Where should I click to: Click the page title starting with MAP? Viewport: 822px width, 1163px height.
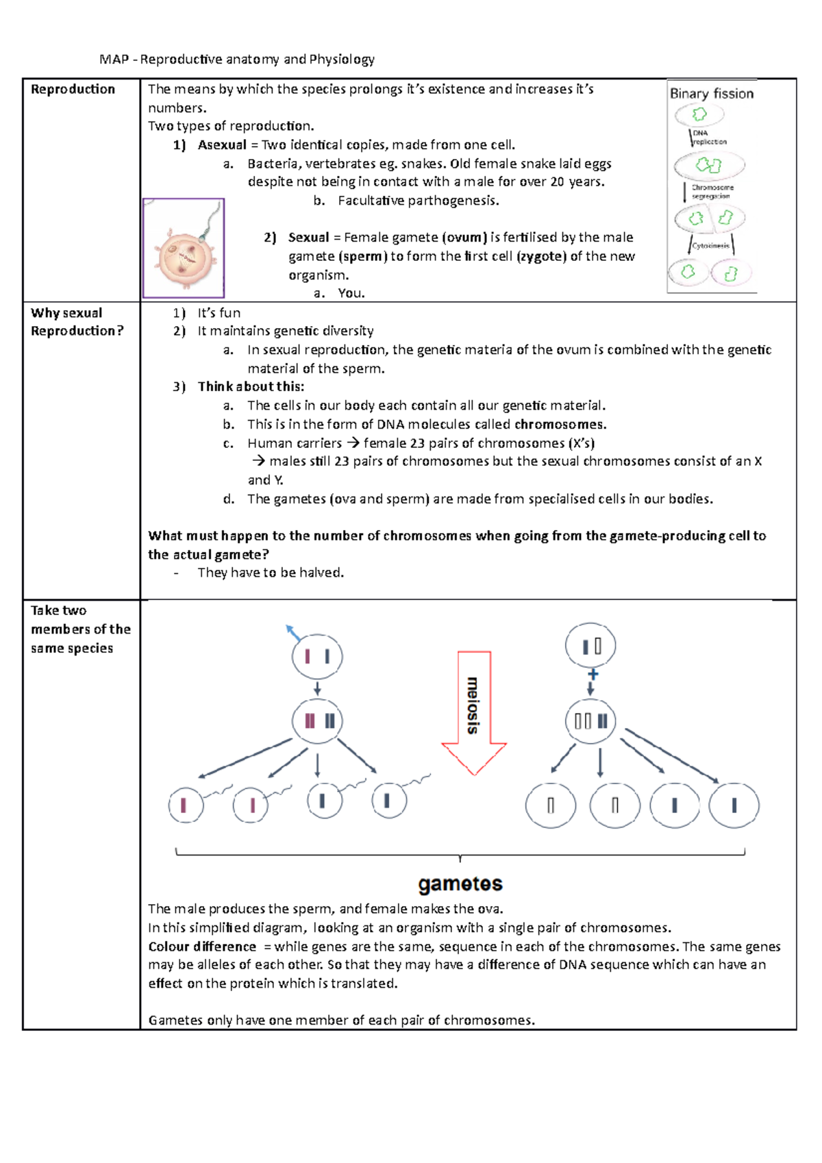point(236,60)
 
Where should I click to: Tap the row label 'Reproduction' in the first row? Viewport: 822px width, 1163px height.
point(73,89)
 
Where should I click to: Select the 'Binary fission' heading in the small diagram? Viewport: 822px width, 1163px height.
point(711,94)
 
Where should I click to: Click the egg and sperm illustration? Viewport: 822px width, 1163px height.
point(184,249)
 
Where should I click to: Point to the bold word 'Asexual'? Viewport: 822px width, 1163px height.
point(222,145)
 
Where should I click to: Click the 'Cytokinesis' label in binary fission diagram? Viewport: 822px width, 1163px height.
point(710,245)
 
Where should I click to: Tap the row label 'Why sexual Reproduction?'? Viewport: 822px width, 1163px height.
point(77,322)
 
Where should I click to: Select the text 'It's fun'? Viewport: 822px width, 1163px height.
point(219,313)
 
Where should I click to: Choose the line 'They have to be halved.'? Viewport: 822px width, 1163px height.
point(271,573)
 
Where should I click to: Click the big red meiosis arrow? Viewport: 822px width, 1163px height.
point(473,712)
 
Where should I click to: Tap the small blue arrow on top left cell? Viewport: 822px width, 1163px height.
point(292,632)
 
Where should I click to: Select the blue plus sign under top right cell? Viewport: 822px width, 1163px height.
point(593,674)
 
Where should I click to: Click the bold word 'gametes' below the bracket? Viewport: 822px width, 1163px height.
point(460,884)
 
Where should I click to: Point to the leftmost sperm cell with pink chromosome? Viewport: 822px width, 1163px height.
point(186,805)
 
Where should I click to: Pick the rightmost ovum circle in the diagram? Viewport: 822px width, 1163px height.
point(734,805)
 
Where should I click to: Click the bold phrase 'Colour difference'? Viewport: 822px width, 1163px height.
point(202,947)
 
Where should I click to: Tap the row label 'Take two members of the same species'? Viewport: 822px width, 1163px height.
point(80,629)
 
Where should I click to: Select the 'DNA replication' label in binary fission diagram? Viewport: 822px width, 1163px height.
point(708,138)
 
